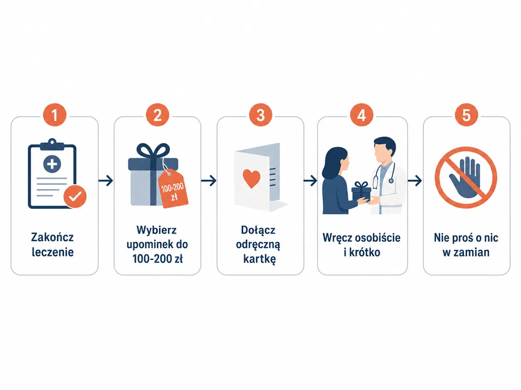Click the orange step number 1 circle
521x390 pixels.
click(x=54, y=115)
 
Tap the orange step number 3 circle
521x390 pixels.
click(x=260, y=115)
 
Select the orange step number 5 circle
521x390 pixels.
click(x=466, y=115)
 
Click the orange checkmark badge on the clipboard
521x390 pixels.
click(x=75, y=197)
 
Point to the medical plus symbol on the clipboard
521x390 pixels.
click(x=52, y=164)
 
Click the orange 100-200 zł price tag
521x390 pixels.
click(x=173, y=188)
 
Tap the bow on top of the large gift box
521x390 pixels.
click(x=153, y=151)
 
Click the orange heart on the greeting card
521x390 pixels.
click(x=251, y=178)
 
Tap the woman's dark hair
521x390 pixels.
click(x=333, y=163)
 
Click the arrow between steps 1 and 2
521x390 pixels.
click(x=106, y=181)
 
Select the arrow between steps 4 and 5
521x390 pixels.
click(x=415, y=181)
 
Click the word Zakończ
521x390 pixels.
click(x=52, y=238)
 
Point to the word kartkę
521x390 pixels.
click(x=259, y=259)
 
